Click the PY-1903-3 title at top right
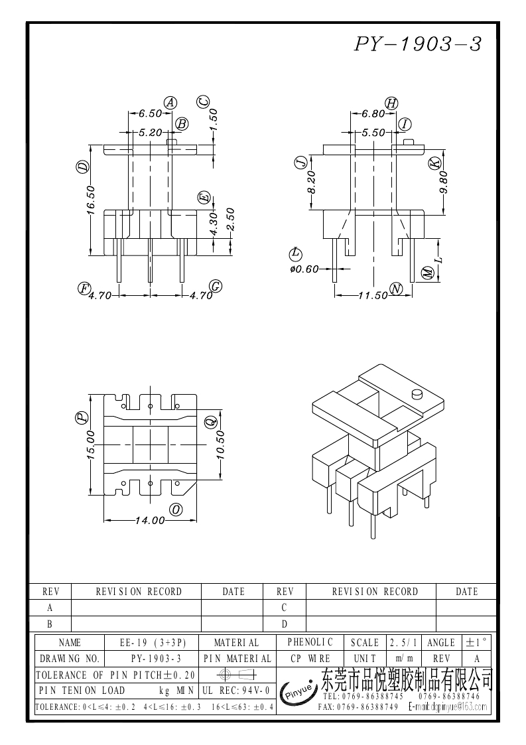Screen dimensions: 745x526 [417, 44]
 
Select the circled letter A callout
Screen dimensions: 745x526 [170, 102]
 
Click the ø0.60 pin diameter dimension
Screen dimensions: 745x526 [304, 269]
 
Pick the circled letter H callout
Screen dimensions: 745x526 [391, 102]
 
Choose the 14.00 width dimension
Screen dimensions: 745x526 [149, 521]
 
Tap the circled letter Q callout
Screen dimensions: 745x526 [210, 421]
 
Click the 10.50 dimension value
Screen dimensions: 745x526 [221, 445]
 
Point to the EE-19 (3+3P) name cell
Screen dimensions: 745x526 [153, 642]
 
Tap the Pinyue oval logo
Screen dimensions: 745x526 [298, 691]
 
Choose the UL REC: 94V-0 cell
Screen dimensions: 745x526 [235, 691]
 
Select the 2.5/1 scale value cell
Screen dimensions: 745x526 [403, 642]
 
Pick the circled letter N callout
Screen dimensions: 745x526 [396, 289]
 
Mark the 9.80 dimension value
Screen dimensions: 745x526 [444, 181]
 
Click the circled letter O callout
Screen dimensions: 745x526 [176, 509]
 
